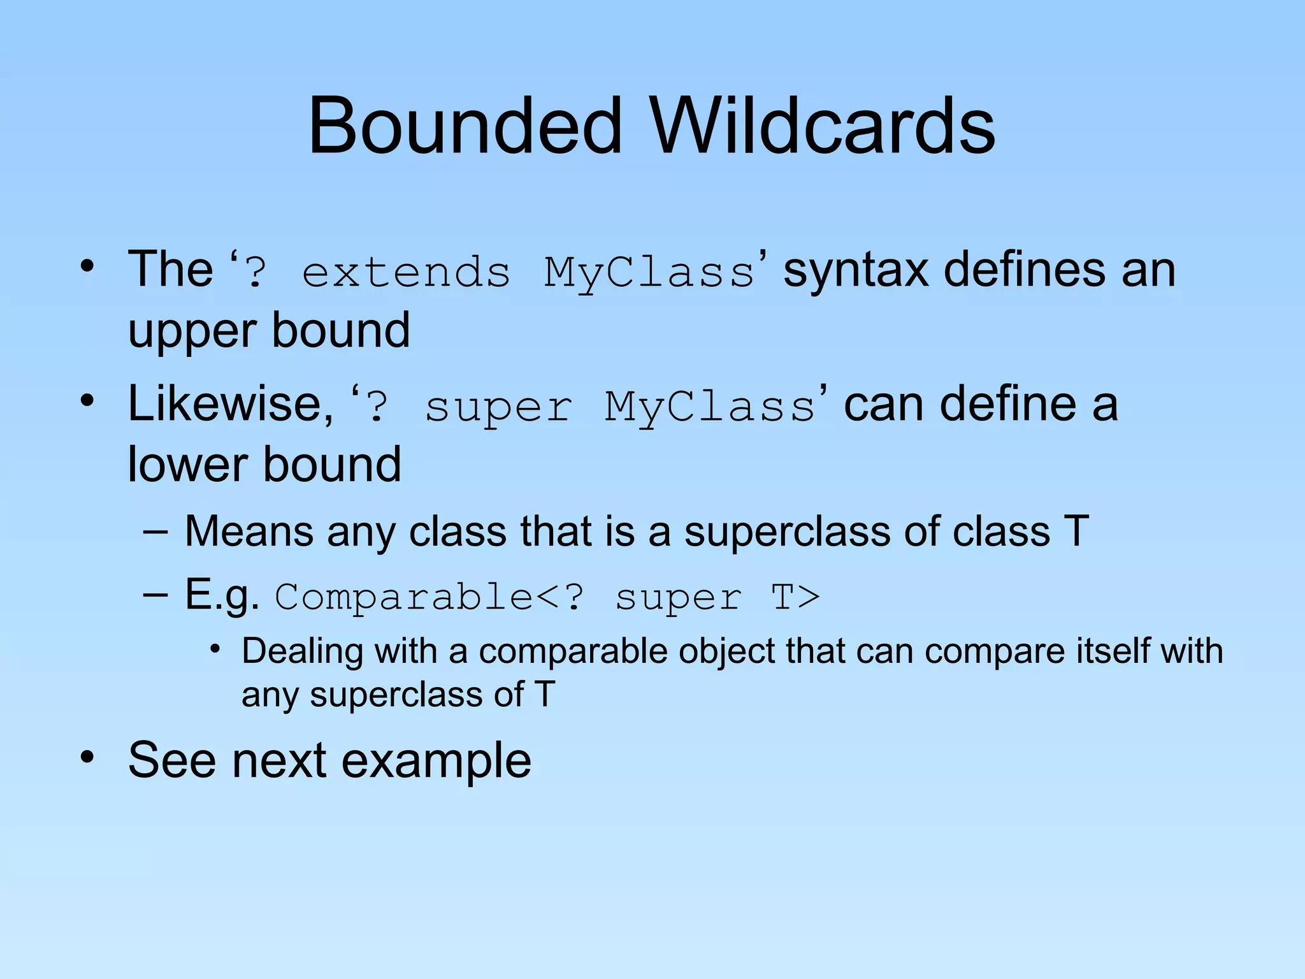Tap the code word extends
[407, 273]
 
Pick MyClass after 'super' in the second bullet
[710, 408]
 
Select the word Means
[249, 531]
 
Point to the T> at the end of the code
[795, 598]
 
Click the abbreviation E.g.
[222, 595]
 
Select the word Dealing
[302, 651]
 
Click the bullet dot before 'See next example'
[87, 757]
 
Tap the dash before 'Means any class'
[155, 531]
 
